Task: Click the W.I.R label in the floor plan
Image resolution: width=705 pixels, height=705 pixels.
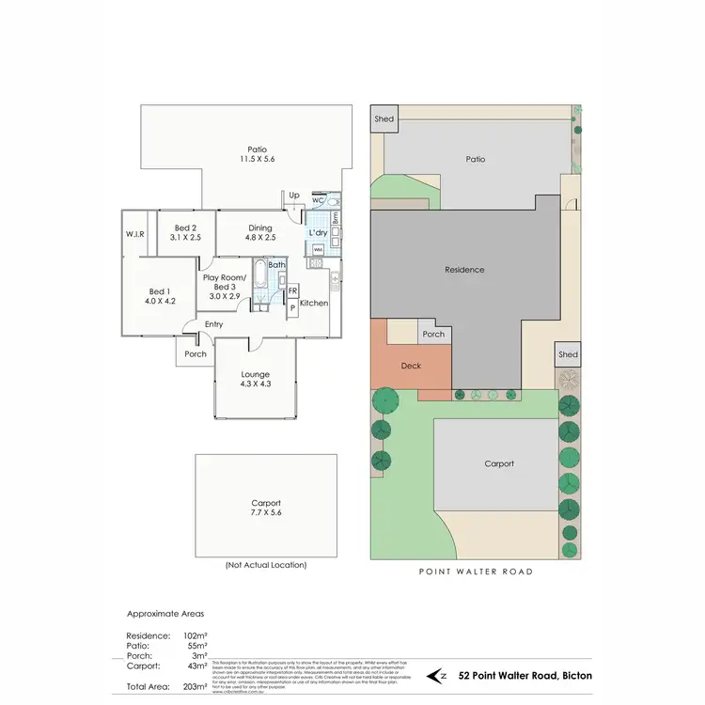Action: click(x=134, y=233)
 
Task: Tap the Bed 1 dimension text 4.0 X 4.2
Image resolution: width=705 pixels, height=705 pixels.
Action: click(x=160, y=301)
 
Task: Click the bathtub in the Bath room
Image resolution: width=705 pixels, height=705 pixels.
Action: click(x=259, y=281)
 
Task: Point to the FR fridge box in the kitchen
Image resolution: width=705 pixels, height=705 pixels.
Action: click(x=293, y=290)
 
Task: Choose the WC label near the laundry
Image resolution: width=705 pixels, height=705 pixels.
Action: click(x=318, y=200)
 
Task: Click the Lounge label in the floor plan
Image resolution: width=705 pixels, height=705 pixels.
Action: click(x=255, y=374)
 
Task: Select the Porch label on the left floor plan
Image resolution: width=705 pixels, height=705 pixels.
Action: click(x=196, y=354)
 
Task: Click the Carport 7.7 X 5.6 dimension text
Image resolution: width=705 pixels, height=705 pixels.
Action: click(x=265, y=514)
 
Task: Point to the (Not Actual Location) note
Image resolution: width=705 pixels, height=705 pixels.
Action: click(x=265, y=565)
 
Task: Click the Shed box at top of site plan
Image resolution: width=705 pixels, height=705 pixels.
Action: click(x=384, y=119)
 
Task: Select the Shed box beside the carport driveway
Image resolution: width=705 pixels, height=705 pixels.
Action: click(x=567, y=354)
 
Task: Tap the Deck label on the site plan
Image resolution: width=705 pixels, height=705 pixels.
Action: click(x=411, y=366)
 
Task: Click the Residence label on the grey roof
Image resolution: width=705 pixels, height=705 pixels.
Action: click(x=464, y=270)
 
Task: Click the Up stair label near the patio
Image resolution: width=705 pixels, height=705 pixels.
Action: click(x=293, y=195)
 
